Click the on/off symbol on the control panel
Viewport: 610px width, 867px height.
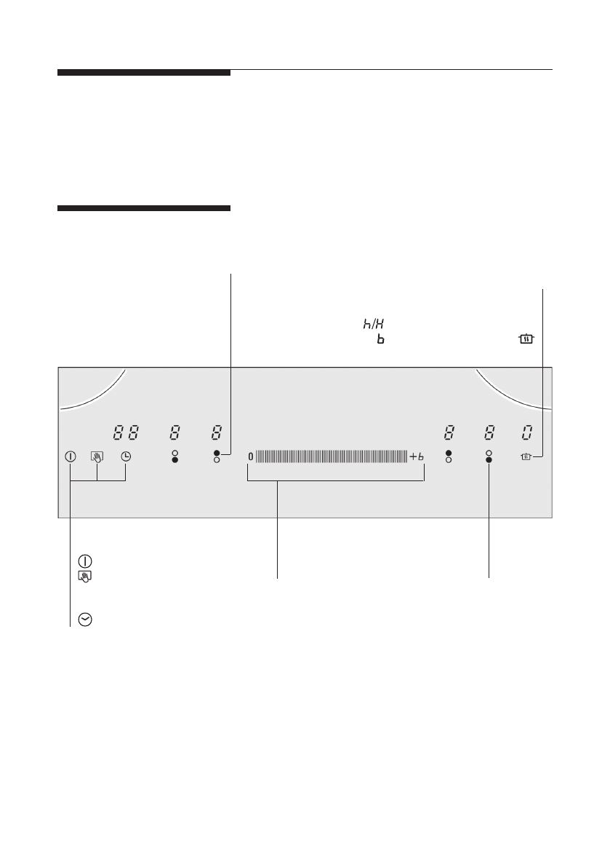70,456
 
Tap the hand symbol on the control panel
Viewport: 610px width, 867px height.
97,456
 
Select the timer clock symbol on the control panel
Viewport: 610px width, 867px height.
126,456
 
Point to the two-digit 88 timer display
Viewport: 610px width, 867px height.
126,432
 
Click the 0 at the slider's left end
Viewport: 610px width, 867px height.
251,456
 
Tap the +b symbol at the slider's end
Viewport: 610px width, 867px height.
417,456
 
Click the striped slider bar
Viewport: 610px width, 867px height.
332,456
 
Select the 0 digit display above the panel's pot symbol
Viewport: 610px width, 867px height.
527,432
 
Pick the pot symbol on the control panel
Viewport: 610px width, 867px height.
526,456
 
